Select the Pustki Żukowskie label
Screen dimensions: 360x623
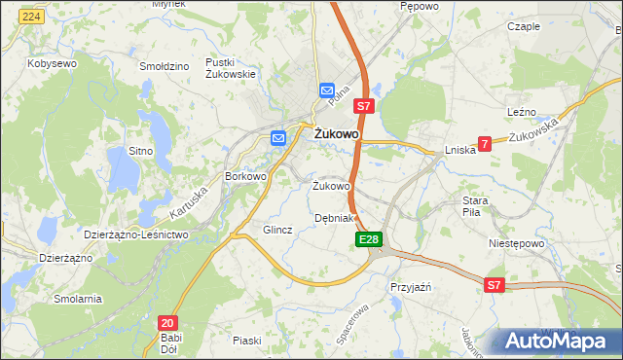[x=230, y=67]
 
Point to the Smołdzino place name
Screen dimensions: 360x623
[x=164, y=67]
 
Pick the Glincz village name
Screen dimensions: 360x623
[x=277, y=230]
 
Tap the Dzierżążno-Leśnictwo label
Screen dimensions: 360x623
[x=135, y=234]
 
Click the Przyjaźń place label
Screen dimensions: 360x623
[x=410, y=287]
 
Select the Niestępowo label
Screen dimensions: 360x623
[x=514, y=244]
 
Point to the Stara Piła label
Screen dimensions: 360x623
[x=481, y=205]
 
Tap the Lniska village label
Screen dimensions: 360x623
[x=459, y=150]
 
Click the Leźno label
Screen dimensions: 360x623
[x=522, y=113]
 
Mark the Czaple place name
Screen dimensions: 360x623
[x=524, y=26]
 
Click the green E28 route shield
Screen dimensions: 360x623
[x=368, y=239]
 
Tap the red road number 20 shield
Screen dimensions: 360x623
[x=166, y=322]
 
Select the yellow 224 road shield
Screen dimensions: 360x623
[x=32, y=18]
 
